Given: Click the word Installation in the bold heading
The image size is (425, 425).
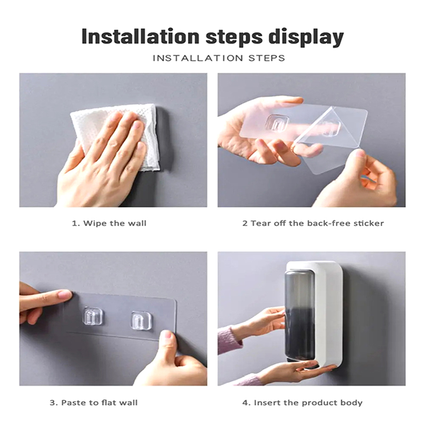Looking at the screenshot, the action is click(x=140, y=37).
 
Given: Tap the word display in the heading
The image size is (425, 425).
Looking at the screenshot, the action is click(x=306, y=38).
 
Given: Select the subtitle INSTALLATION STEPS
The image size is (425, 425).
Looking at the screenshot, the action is click(x=219, y=58).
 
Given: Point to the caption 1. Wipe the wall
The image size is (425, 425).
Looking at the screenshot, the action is click(x=109, y=223).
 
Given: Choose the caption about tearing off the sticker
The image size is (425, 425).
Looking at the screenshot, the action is click(x=313, y=223).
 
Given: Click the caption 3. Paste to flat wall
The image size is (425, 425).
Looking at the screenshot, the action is click(x=93, y=403).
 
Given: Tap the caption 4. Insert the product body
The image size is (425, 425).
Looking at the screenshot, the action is click(x=302, y=403).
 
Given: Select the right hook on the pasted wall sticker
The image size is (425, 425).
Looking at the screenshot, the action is click(x=141, y=321).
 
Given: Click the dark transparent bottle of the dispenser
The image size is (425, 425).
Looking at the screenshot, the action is click(x=300, y=317).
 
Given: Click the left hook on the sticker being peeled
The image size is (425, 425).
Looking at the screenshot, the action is click(x=277, y=124).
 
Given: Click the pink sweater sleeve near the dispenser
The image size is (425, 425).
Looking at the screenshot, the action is click(x=226, y=341).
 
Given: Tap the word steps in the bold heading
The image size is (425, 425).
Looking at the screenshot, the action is click(x=234, y=38).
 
